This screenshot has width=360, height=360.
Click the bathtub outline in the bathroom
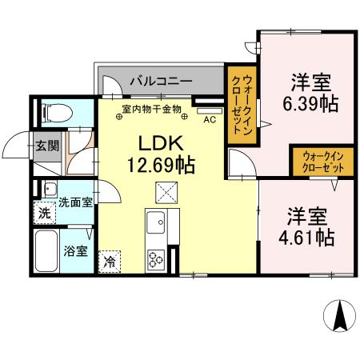coord(49,253)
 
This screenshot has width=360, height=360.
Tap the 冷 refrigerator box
coord(109,261)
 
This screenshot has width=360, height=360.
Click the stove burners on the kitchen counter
coord(155,258)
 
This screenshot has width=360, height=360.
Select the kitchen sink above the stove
coord(154,220)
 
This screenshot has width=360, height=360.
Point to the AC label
coord(210,120)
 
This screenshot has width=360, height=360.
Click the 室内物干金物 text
coord(152,108)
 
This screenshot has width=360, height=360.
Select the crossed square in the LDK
coord(167,192)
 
